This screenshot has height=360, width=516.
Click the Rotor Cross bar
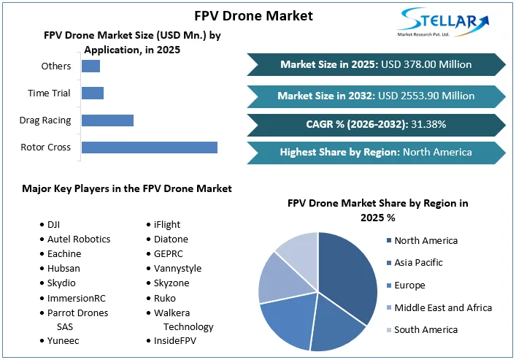point(149,147)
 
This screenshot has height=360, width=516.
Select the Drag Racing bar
point(107,120)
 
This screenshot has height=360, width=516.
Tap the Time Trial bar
point(92,93)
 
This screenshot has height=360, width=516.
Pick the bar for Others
point(91,66)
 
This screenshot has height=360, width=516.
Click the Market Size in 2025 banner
point(375,64)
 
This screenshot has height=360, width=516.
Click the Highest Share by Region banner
point(375,153)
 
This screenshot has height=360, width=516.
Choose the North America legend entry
point(425,240)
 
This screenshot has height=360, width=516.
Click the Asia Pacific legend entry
point(418,262)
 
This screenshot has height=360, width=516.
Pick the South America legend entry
point(425,329)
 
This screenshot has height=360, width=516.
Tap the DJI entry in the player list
point(53,224)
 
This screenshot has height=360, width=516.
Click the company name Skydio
point(61,283)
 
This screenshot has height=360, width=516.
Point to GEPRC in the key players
point(169,253)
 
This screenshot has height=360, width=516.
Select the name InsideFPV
point(174,340)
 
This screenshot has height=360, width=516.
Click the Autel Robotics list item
point(79,239)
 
